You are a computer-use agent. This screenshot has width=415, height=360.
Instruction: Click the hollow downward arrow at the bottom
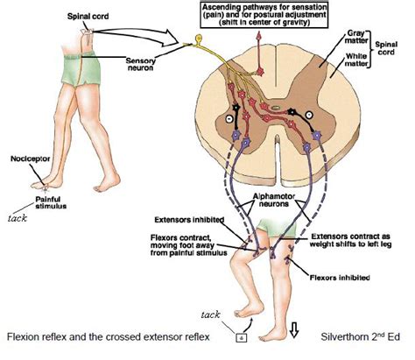tap(293, 330)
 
